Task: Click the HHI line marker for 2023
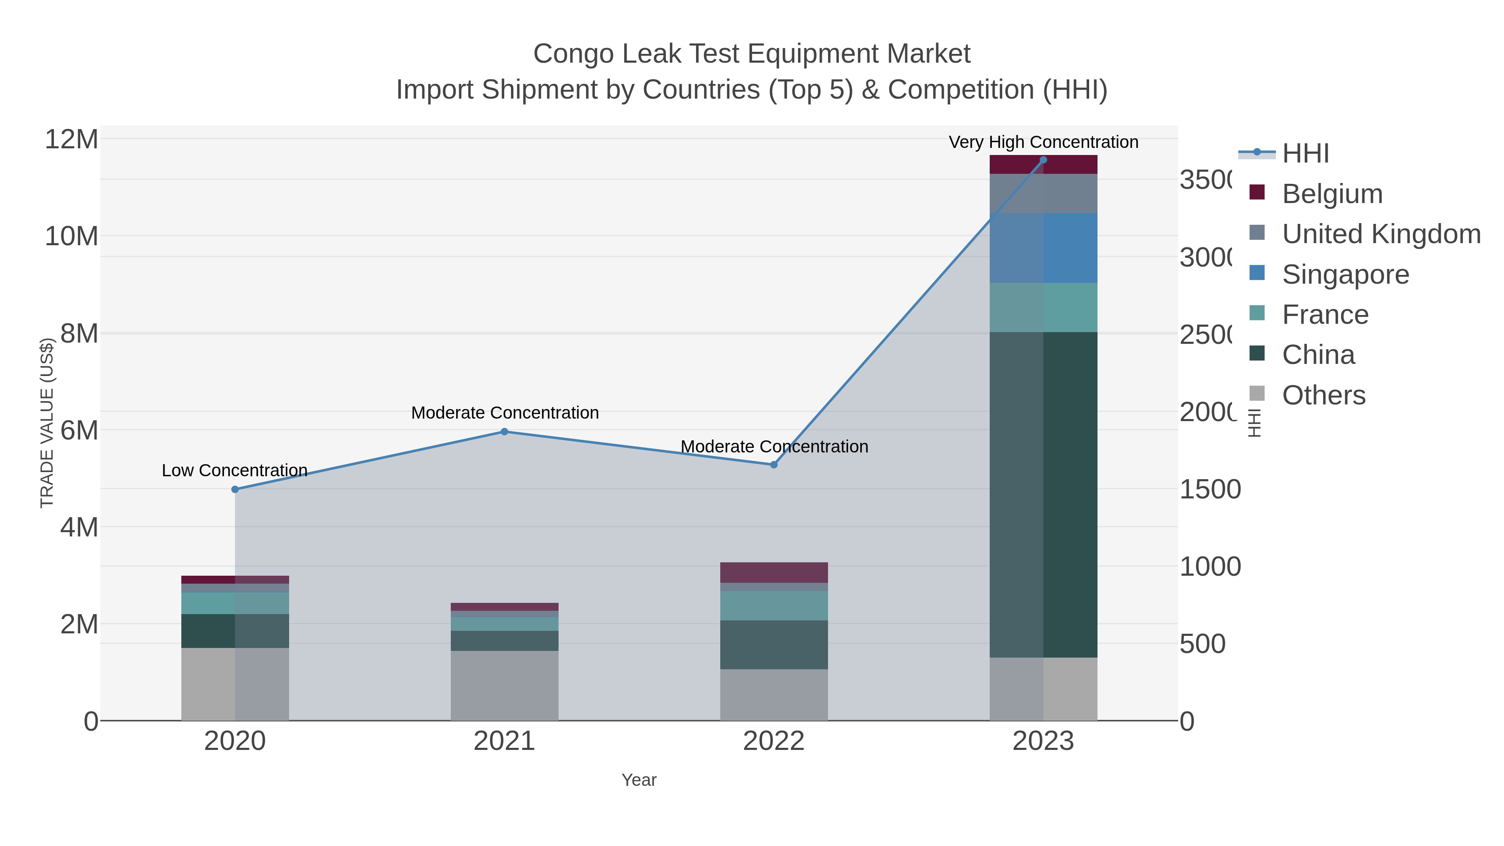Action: point(1043,160)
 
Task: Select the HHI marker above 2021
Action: point(504,432)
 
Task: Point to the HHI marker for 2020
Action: point(235,489)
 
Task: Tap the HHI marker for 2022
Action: point(774,465)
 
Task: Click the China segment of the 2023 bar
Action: point(1043,495)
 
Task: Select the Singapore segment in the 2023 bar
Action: point(1043,248)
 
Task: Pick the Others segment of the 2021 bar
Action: point(504,686)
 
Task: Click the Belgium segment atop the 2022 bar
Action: point(774,572)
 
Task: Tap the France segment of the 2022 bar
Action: point(774,605)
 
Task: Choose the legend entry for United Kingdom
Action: point(1381,234)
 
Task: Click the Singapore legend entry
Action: point(1345,274)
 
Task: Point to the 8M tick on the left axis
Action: point(79,333)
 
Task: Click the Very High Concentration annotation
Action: point(1043,142)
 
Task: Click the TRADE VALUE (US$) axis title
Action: point(47,423)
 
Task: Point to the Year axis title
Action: point(639,780)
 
